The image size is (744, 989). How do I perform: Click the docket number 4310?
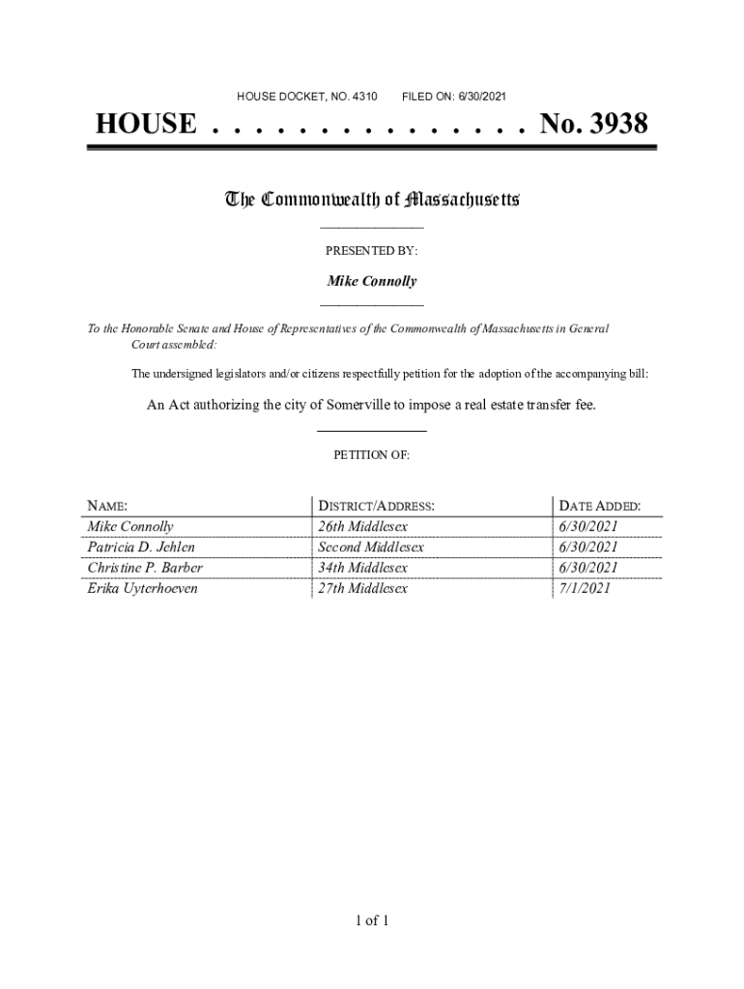click(x=363, y=97)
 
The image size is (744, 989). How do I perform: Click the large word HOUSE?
click(x=146, y=125)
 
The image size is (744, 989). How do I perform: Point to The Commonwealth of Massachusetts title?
click(x=372, y=200)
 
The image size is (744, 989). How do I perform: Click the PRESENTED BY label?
click(x=372, y=251)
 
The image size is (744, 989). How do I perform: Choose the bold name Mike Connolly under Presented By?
click(x=372, y=282)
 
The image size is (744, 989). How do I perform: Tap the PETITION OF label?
click(x=372, y=454)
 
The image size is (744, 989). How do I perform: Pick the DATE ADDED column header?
click(x=599, y=506)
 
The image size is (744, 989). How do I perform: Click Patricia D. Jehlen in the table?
click(x=141, y=548)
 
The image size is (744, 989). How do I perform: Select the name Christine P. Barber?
click(x=145, y=568)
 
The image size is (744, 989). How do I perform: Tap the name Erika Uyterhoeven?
click(x=142, y=588)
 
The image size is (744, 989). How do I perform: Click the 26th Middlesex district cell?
click(x=363, y=527)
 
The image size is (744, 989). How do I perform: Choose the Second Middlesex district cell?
click(x=371, y=548)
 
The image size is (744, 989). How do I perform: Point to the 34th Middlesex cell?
click(x=363, y=568)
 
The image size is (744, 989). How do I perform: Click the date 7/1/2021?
click(x=584, y=588)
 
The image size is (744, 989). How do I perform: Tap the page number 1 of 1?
click(x=372, y=920)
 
